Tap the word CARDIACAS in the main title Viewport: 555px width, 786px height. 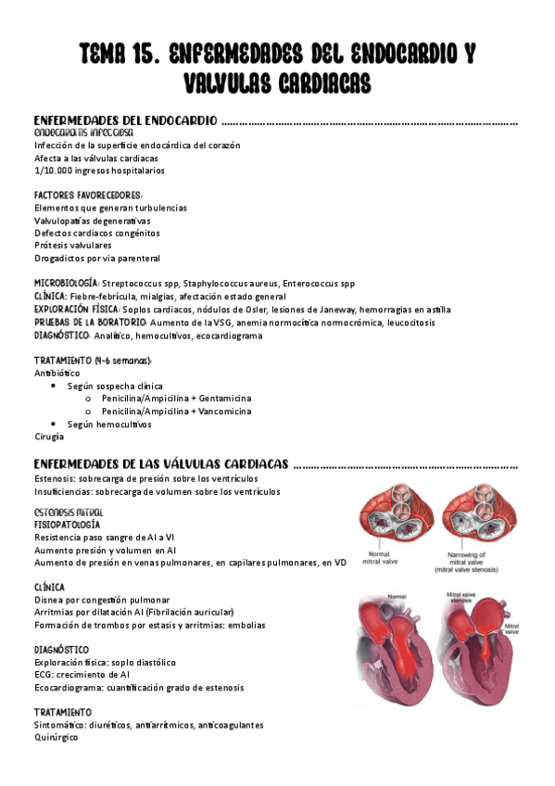[x=312, y=84]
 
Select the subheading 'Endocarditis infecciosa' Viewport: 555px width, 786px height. [x=83, y=133]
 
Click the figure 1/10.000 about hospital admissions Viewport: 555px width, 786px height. [x=53, y=171]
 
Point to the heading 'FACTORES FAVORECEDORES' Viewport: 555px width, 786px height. [x=88, y=196]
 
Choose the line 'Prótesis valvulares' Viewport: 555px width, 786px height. [x=72, y=245]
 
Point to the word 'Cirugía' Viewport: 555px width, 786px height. [x=49, y=436]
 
